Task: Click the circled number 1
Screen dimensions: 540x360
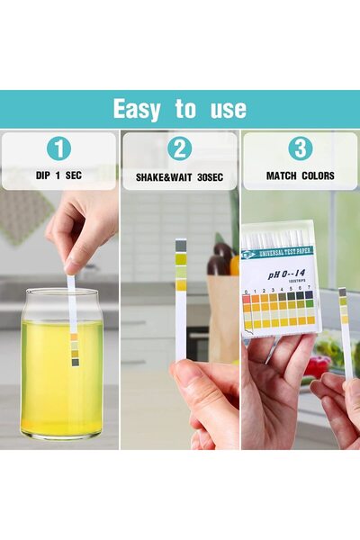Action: [58, 149]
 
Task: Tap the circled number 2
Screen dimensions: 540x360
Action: [179, 149]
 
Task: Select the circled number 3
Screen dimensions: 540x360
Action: [300, 149]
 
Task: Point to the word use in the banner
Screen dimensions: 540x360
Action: [225, 110]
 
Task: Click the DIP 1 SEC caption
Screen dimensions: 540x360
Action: [58, 175]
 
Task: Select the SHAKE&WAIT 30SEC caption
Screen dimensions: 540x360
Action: [179, 176]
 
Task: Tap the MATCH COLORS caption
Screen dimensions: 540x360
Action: [300, 175]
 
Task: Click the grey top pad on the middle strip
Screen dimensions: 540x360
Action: [181, 245]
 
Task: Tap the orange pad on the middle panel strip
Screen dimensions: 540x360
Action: [181, 284]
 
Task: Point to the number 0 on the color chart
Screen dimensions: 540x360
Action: [247, 290]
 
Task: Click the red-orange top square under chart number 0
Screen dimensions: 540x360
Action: [247, 300]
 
